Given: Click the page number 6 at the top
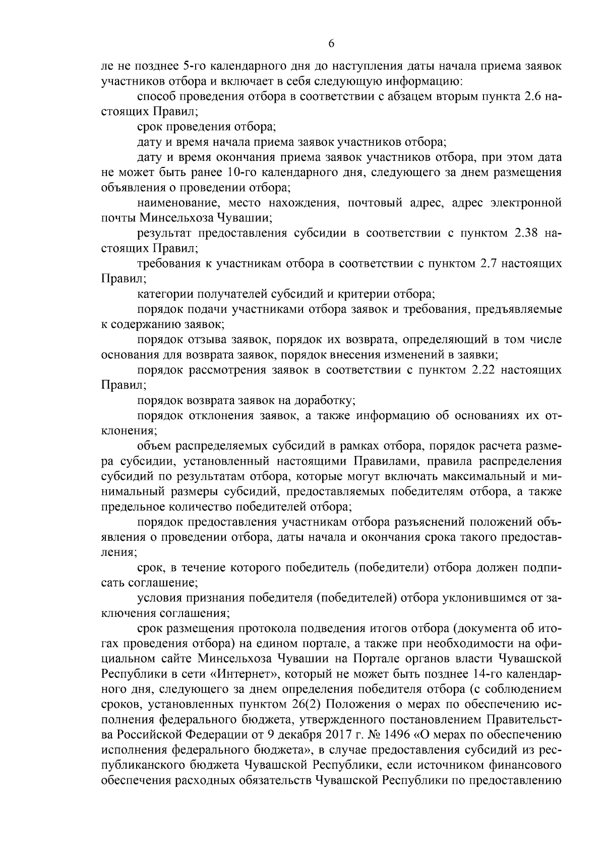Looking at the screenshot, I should pyautogui.click(x=331, y=44).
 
